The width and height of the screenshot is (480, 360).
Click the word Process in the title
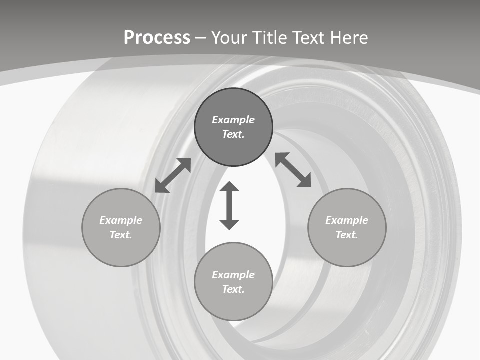pos(157,38)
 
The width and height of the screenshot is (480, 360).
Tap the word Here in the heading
pos(348,38)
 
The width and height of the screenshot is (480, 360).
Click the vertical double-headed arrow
pos(229,205)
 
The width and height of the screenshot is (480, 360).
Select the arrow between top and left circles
pos(173,175)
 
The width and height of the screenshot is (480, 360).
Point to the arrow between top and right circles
pos(293,170)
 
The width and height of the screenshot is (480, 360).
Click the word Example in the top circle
pos(233,120)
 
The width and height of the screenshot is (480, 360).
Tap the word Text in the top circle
pos(233,134)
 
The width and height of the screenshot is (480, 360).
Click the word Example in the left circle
pos(121,220)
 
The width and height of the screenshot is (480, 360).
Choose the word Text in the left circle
pos(121,235)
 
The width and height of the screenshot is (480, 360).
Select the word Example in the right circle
pos(347,220)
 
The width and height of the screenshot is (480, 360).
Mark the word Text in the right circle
pos(347,235)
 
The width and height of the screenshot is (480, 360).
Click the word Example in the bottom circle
pos(233,275)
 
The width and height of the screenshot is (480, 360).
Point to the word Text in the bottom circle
pos(233,289)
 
